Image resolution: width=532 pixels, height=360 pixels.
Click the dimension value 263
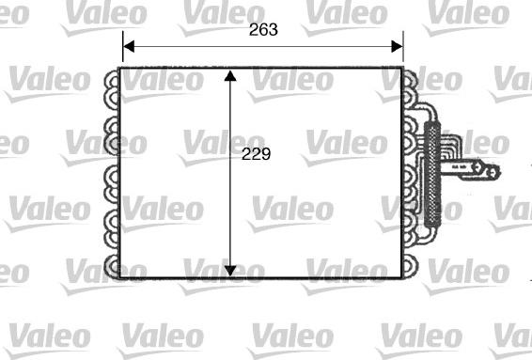coord(263,29)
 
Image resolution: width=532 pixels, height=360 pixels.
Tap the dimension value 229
coord(256,155)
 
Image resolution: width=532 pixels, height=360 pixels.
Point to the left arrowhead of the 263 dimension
coord(129,44)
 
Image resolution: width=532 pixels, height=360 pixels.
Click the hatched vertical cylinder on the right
coord(432,174)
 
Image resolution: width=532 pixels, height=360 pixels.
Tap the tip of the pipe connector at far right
coord(495,171)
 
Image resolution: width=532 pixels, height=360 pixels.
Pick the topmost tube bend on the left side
coord(113,82)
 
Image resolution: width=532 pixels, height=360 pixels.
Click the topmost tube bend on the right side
coord(412,82)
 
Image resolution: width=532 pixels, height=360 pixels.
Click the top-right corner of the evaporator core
coord(403,68)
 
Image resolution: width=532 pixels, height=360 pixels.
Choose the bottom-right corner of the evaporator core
coord(403,277)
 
